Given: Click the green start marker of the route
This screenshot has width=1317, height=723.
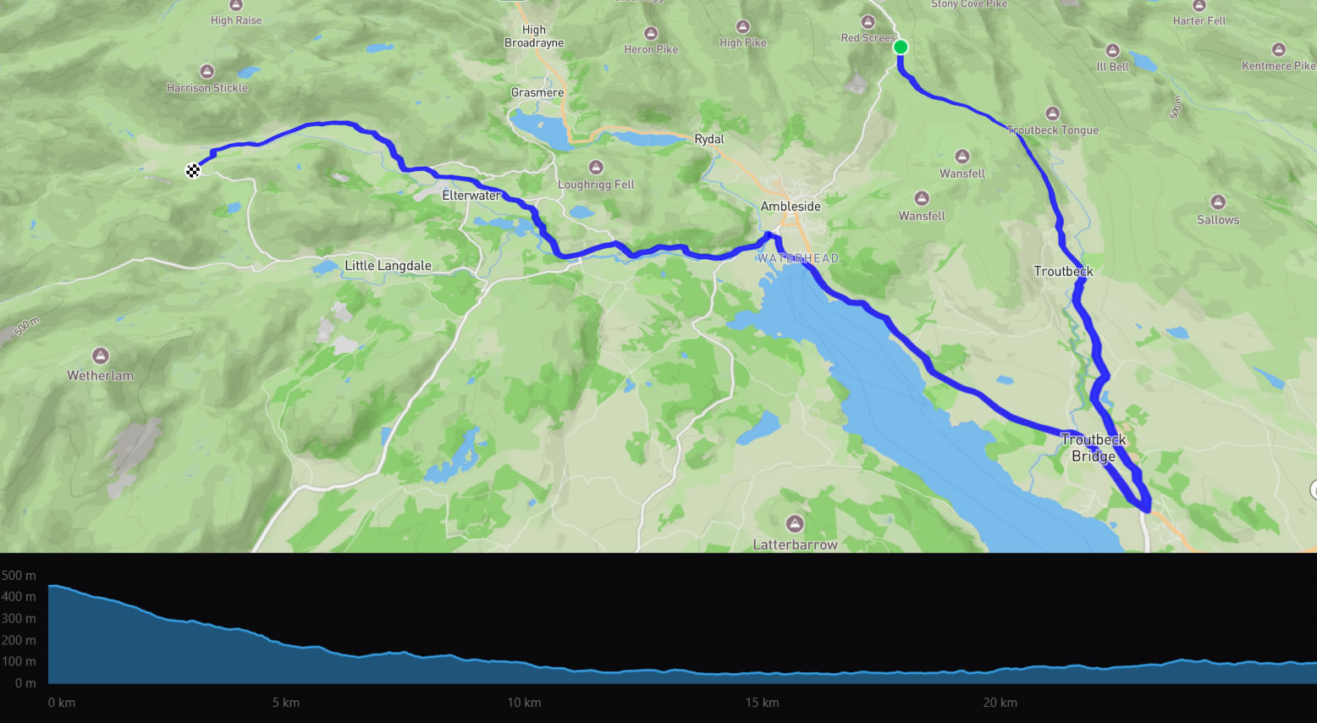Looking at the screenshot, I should point(901,47).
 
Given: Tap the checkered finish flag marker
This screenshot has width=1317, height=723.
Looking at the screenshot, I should point(193,171).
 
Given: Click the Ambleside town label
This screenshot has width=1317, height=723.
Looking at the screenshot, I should point(791,207).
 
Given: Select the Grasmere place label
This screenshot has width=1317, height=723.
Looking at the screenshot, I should point(537,93).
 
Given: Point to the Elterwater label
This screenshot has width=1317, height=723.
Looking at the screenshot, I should point(471,196).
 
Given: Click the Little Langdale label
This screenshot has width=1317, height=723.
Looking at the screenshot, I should point(388,266).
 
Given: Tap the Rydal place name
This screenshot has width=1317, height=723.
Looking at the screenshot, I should point(709,139).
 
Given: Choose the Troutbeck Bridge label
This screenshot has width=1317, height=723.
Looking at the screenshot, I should point(1094,448).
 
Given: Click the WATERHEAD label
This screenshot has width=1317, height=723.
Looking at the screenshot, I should point(798,258).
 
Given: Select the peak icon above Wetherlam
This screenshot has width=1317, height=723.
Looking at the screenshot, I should point(101,356).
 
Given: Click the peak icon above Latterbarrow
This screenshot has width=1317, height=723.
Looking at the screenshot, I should point(795,523).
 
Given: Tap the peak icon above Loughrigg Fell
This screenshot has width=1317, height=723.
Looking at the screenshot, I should point(596,168).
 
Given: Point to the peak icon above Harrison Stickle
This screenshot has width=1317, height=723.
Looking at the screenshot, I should point(207,71).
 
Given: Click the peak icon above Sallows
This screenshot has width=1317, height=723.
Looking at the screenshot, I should point(1218,202).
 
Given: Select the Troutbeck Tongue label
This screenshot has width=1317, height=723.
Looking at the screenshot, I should point(1053,130).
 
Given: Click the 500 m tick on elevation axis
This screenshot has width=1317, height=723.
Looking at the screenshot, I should point(19,576).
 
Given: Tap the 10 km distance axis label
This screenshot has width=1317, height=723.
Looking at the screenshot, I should point(524,703).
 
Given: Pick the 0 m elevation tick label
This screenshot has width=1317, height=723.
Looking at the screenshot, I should point(25,683).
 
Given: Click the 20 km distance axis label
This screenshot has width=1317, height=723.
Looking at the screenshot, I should point(1000,703).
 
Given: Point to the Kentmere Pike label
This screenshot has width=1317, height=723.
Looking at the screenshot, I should point(1278,66).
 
